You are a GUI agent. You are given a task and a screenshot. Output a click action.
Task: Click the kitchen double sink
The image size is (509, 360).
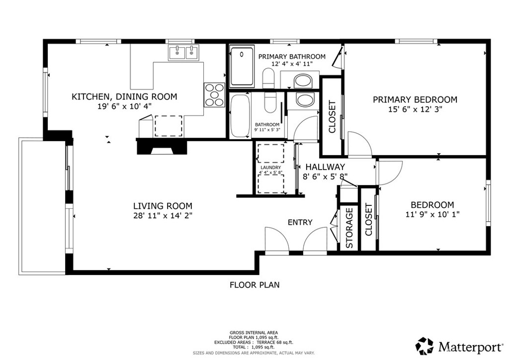[184, 52]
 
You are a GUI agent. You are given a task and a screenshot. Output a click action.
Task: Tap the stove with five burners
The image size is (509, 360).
[214, 95]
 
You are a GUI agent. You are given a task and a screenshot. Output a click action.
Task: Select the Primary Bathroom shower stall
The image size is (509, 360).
[242, 66]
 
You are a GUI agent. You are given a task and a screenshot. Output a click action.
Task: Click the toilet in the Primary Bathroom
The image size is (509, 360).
[268, 78]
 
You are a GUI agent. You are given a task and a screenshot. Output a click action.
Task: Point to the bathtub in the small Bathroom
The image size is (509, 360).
[240, 115]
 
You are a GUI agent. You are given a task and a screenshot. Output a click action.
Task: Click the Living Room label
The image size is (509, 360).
[163, 206]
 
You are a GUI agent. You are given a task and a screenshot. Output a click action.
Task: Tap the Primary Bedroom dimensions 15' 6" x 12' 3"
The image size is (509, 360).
[415, 109]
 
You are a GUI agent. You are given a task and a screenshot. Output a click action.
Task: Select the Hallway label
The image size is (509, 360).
[325, 167]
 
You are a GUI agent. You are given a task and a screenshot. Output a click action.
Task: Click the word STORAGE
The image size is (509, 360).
[349, 228]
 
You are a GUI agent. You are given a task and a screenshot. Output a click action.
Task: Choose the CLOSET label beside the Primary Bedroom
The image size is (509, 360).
[332, 117]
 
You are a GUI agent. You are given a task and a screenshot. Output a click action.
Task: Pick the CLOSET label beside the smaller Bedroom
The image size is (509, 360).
[368, 219]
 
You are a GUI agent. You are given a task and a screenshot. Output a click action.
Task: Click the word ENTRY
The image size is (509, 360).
[300, 222]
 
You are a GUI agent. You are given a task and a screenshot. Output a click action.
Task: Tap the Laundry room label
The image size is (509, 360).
[270, 168]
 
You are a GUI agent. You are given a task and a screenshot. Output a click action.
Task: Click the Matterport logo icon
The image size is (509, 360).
[424, 346]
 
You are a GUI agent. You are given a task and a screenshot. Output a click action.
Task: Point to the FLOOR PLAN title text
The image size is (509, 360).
[254, 285]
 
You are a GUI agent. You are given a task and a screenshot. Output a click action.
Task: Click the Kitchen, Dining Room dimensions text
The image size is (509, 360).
[125, 106]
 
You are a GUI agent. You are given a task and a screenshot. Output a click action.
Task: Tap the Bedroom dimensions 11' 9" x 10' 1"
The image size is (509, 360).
[432, 214]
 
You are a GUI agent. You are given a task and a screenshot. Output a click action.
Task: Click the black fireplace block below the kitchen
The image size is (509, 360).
[162, 146]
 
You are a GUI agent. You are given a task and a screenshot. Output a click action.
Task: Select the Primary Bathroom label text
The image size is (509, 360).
[292, 57]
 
